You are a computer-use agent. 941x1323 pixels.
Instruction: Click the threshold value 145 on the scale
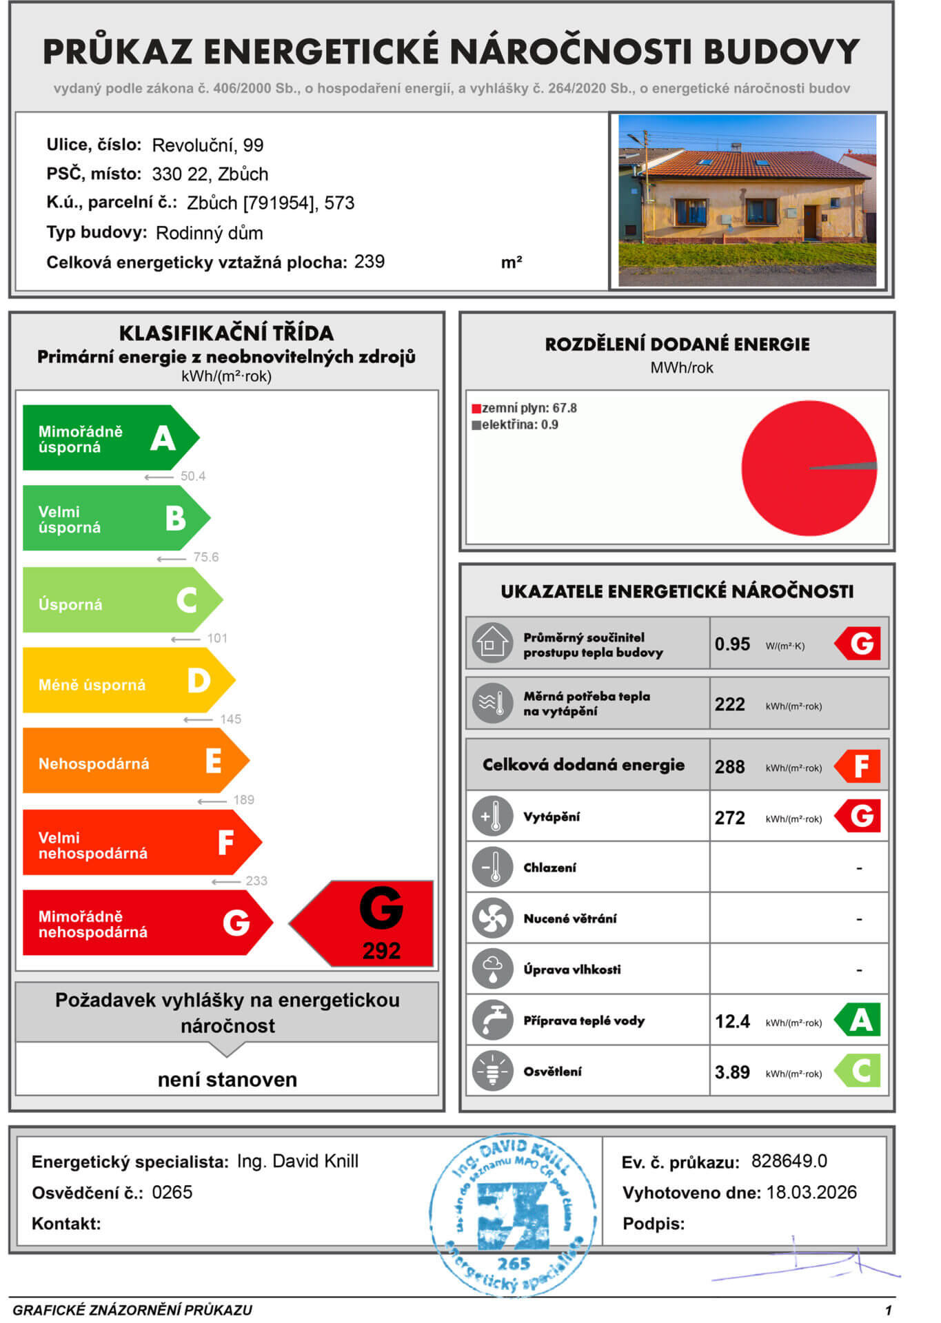click(x=230, y=719)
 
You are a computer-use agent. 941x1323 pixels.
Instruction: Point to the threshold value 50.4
click(x=192, y=476)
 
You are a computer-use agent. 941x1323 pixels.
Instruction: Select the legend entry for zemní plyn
click(x=525, y=408)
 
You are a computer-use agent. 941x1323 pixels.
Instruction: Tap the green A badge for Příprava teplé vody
click(x=858, y=1020)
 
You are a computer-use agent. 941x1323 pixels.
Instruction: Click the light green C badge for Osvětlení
click(x=858, y=1071)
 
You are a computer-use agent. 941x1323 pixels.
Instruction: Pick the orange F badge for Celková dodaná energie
click(x=858, y=766)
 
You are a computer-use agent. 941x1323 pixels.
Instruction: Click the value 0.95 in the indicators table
click(x=732, y=644)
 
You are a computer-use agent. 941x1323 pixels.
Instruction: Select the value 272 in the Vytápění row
click(x=730, y=818)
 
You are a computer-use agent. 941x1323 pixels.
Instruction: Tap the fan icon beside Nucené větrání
click(x=492, y=919)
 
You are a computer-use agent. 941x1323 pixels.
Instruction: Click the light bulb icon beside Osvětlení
click(x=492, y=1071)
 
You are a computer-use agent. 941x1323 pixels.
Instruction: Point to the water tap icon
click(x=492, y=1021)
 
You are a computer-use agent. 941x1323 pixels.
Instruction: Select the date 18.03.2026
click(x=811, y=1193)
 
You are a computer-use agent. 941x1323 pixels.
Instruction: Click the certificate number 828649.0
click(x=789, y=1161)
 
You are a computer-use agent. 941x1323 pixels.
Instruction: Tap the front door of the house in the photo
click(x=811, y=222)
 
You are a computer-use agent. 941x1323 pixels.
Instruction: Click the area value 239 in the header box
click(x=370, y=262)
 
